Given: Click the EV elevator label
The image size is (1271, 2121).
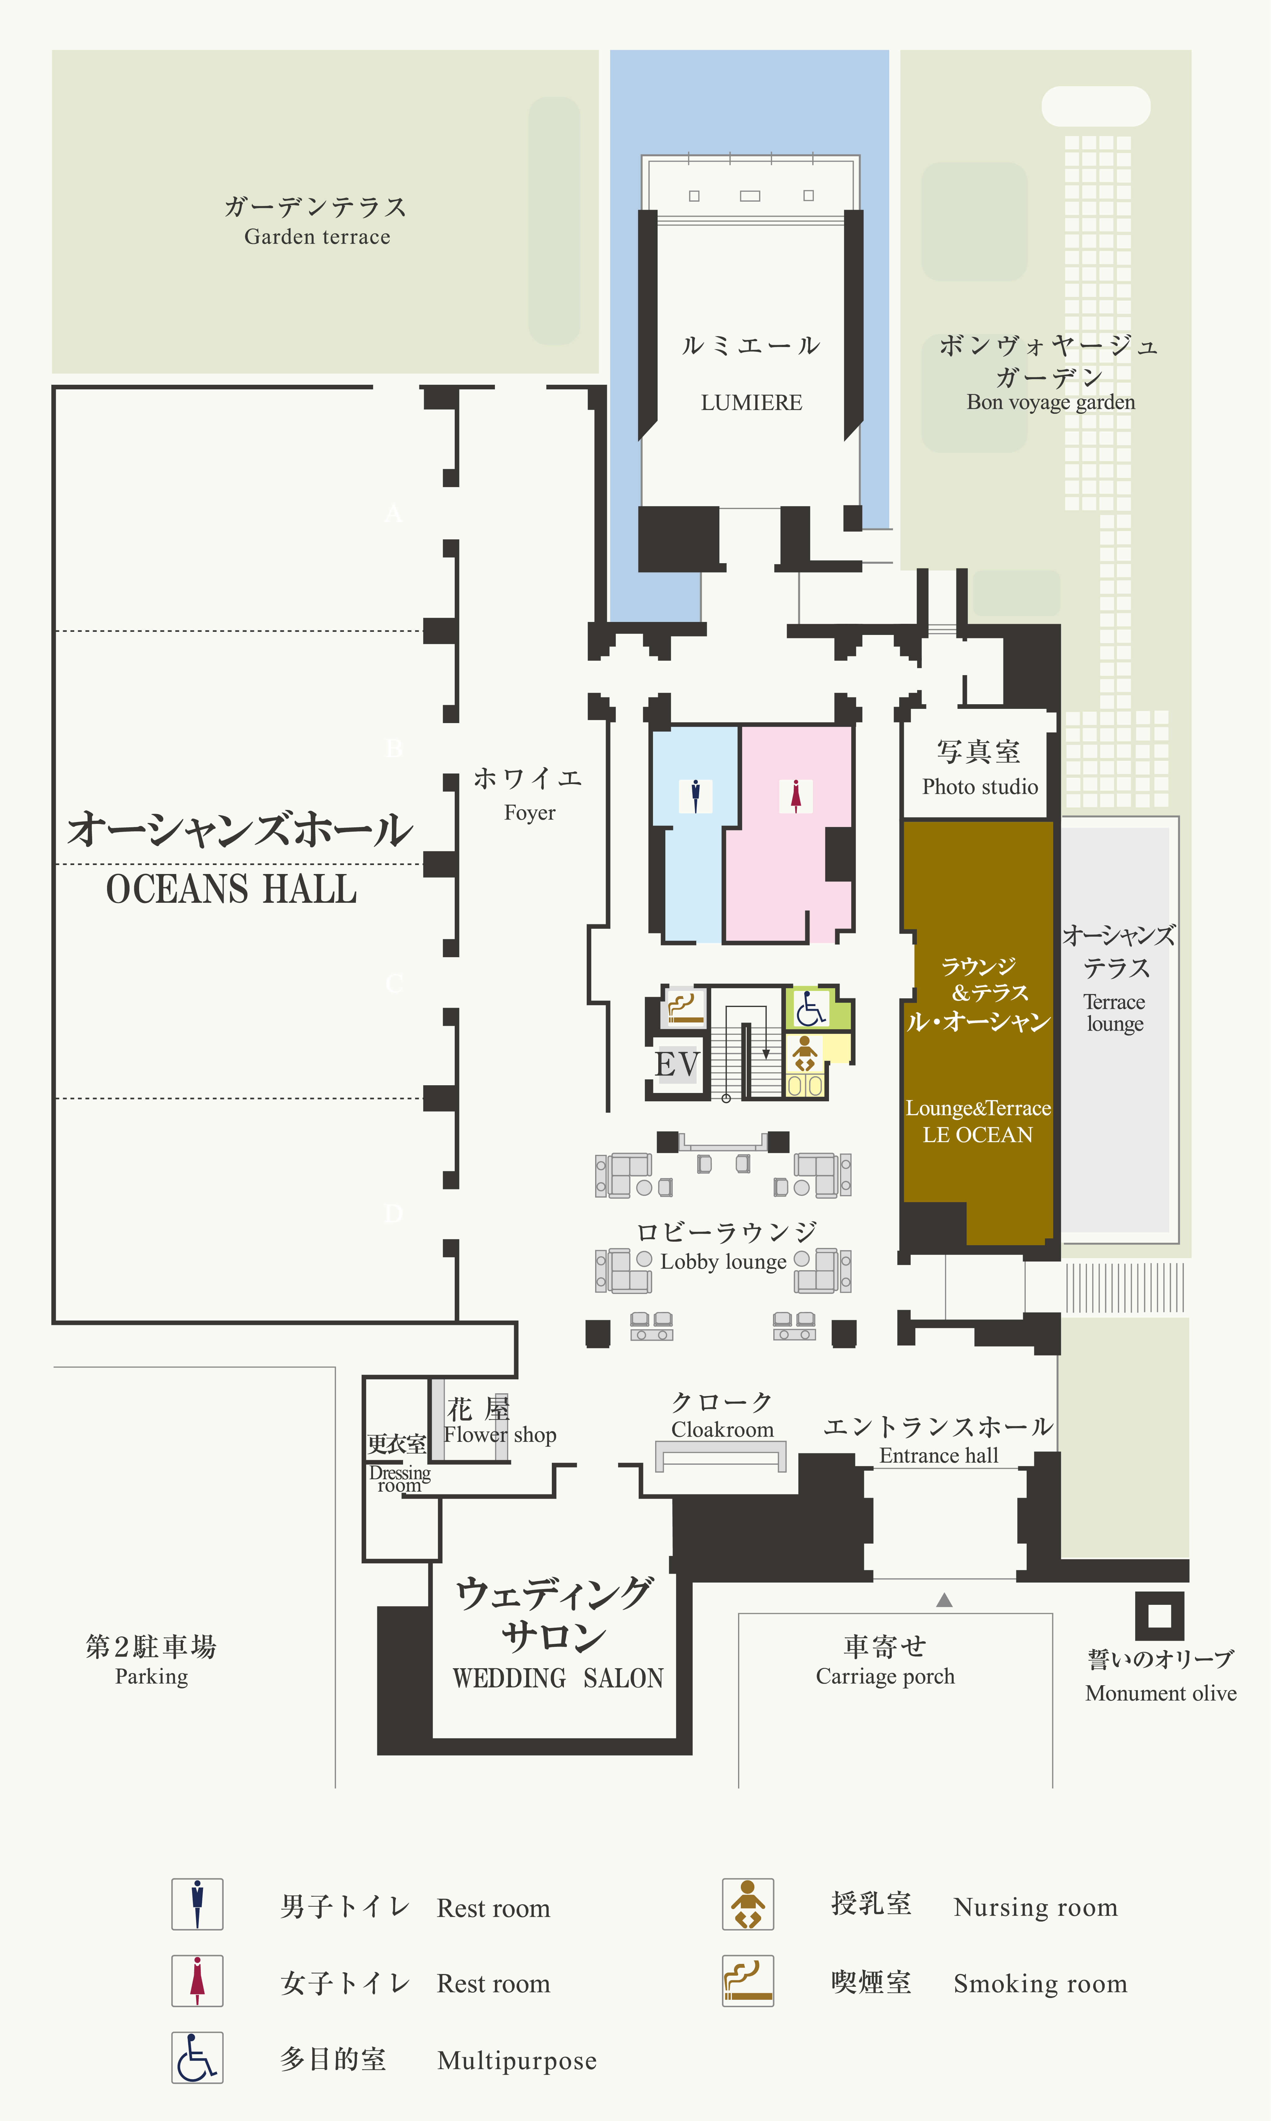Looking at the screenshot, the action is (676, 1064).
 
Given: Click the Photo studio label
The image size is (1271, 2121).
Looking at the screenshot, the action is (980, 787).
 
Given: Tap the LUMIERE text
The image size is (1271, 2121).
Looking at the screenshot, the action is (751, 402).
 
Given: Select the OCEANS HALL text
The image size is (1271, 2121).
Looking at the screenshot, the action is (231, 889).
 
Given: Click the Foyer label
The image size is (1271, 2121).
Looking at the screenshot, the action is (529, 812).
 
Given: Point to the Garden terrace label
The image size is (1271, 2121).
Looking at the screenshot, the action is (317, 236).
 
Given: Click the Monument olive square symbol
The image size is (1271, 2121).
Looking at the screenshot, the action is (1160, 1616).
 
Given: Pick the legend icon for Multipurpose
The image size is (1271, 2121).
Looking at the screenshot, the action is (197, 2058).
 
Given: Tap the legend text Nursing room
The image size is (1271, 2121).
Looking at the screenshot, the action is (1036, 1908).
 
